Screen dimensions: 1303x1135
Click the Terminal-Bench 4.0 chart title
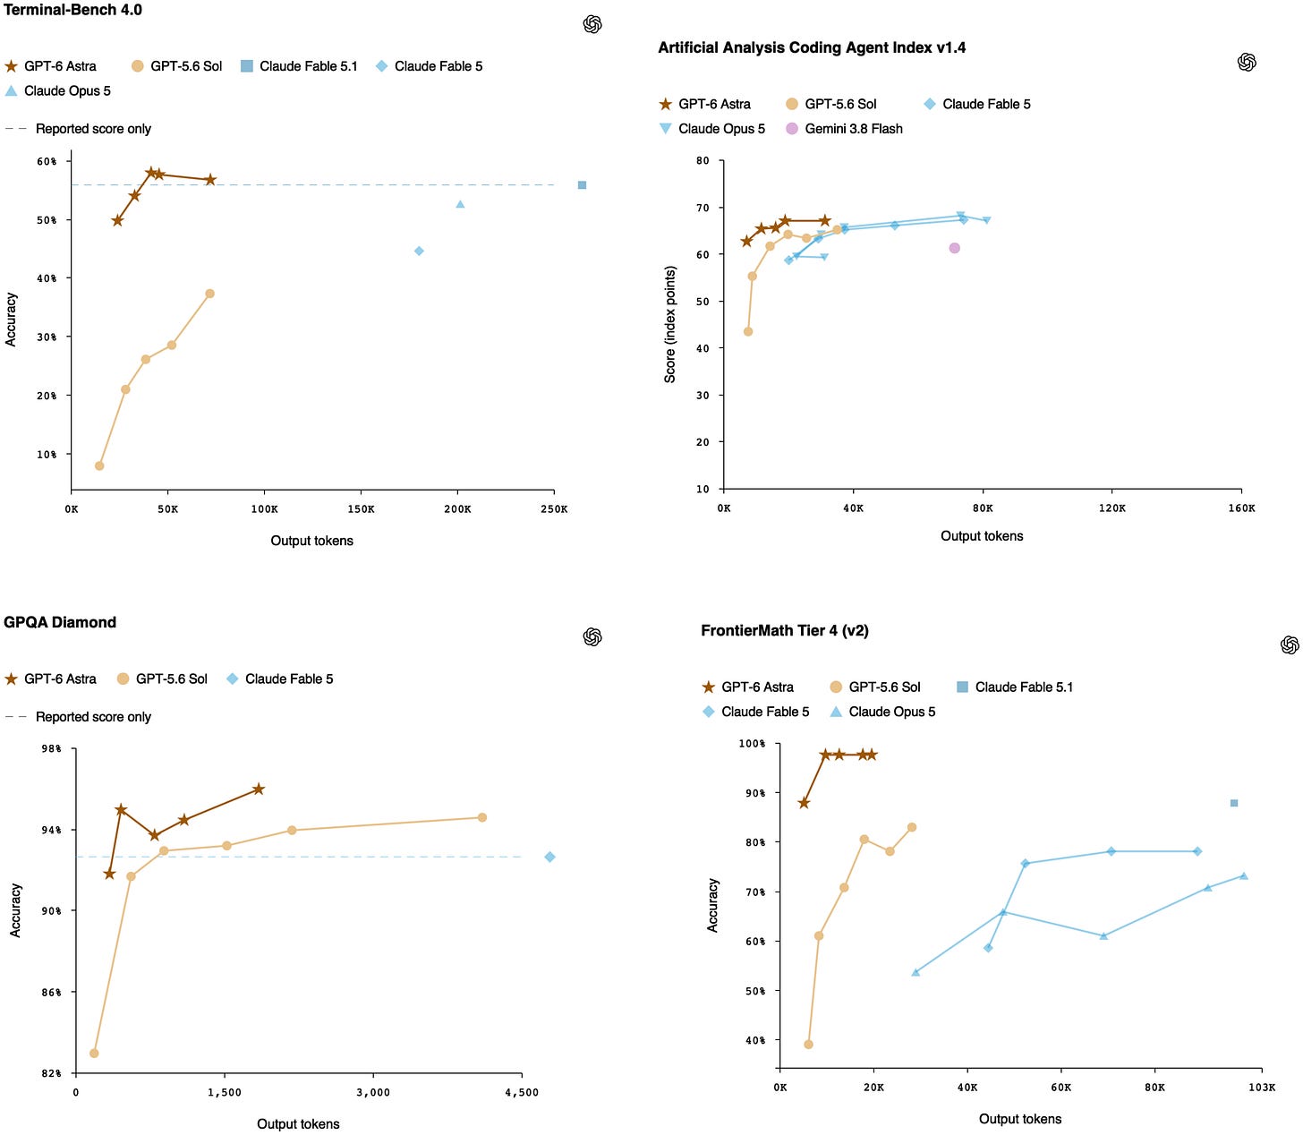click(x=72, y=10)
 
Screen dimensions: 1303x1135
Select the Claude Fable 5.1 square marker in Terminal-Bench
click(x=582, y=184)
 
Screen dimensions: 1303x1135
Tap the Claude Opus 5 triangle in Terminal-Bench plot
click(x=460, y=204)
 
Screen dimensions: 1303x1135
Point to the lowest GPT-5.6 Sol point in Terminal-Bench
click(x=99, y=465)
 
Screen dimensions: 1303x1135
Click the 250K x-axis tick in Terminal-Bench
click(x=553, y=509)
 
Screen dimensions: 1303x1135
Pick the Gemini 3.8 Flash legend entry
click(x=844, y=129)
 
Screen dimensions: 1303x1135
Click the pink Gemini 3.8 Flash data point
click(x=953, y=248)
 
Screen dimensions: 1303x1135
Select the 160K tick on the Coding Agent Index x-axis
click(x=1241, y=508)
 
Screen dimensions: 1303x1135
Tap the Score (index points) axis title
click(x=669, y=324)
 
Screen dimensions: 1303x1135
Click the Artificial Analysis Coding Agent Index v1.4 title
click(x=812, y=47)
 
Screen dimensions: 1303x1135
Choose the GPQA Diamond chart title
click(x=60, y=622)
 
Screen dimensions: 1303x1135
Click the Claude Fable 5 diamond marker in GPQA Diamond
click(x=549, y=857)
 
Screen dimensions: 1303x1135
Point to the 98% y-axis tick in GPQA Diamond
click(x=51, y=748)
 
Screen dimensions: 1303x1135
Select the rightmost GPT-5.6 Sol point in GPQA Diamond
click(x=481, y=817)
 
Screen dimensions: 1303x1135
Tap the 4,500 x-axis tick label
click(x=522, y=1092)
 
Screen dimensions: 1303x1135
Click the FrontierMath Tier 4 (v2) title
click(x=785, y=630)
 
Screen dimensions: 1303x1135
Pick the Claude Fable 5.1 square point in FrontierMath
click(x=1233, y=803)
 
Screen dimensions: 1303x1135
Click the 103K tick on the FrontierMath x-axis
click(x=1262, y=1088)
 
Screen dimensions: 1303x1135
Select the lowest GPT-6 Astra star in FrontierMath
click(x=804, y=803)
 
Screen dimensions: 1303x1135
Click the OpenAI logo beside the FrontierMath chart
click(x=1289, y=644)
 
